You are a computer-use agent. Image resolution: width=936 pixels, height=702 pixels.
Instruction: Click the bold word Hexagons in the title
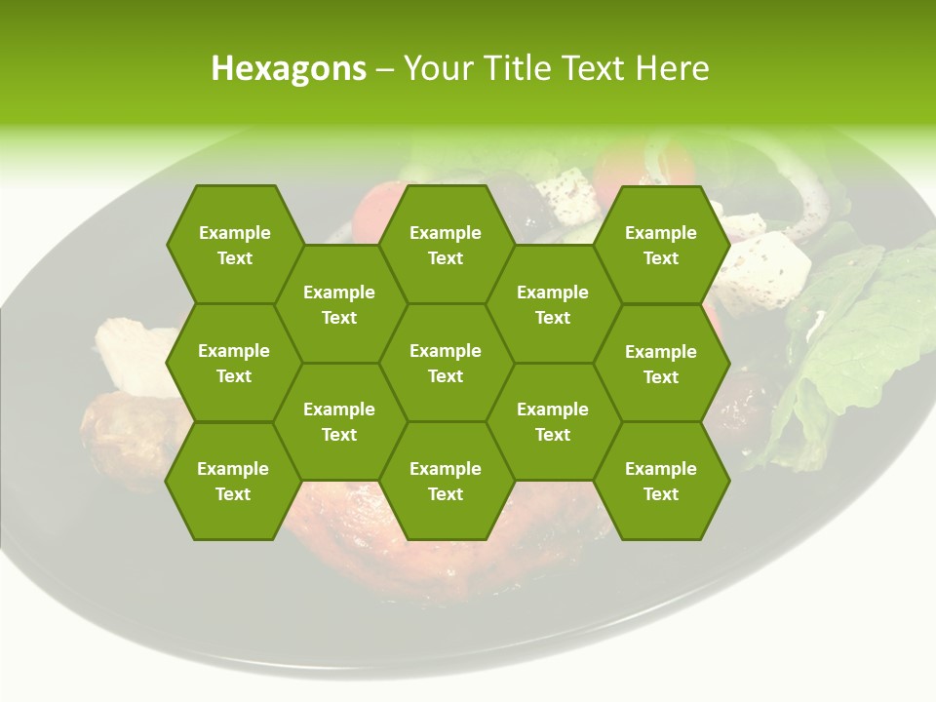tap(289, 68)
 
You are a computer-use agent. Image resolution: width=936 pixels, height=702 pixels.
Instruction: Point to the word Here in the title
tap(672, 68)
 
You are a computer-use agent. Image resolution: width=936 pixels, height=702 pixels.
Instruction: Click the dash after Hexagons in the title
tap(385, 70)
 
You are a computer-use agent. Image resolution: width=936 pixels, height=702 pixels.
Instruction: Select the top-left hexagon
tap(234, 245)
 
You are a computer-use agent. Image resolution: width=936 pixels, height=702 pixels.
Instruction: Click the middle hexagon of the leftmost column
tap(234, 363)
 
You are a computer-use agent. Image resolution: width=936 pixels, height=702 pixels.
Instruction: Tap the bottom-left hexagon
tap(233, 481)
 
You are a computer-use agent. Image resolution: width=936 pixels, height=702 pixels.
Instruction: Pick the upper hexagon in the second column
tap(339, 304)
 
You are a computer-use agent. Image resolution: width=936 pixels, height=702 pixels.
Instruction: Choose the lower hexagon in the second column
tap(339, 421)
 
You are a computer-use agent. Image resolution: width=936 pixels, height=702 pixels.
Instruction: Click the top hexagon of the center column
tap(446, 245)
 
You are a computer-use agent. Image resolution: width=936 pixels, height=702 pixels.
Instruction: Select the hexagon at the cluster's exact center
tap(446, 363)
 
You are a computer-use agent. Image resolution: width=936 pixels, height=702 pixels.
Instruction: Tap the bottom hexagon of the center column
tap(446, 481)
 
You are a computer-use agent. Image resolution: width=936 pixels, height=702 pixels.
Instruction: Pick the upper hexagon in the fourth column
tap(553, 304)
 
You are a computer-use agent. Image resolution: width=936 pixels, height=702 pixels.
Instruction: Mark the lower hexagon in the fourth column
tap(553, 421)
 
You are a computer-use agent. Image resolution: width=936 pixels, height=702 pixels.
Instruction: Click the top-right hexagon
tap(661, 245)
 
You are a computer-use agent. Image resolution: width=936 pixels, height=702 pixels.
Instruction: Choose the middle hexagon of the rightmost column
tap(661, 364)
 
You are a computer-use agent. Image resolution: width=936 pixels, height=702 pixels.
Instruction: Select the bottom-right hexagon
tap(661, 481)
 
